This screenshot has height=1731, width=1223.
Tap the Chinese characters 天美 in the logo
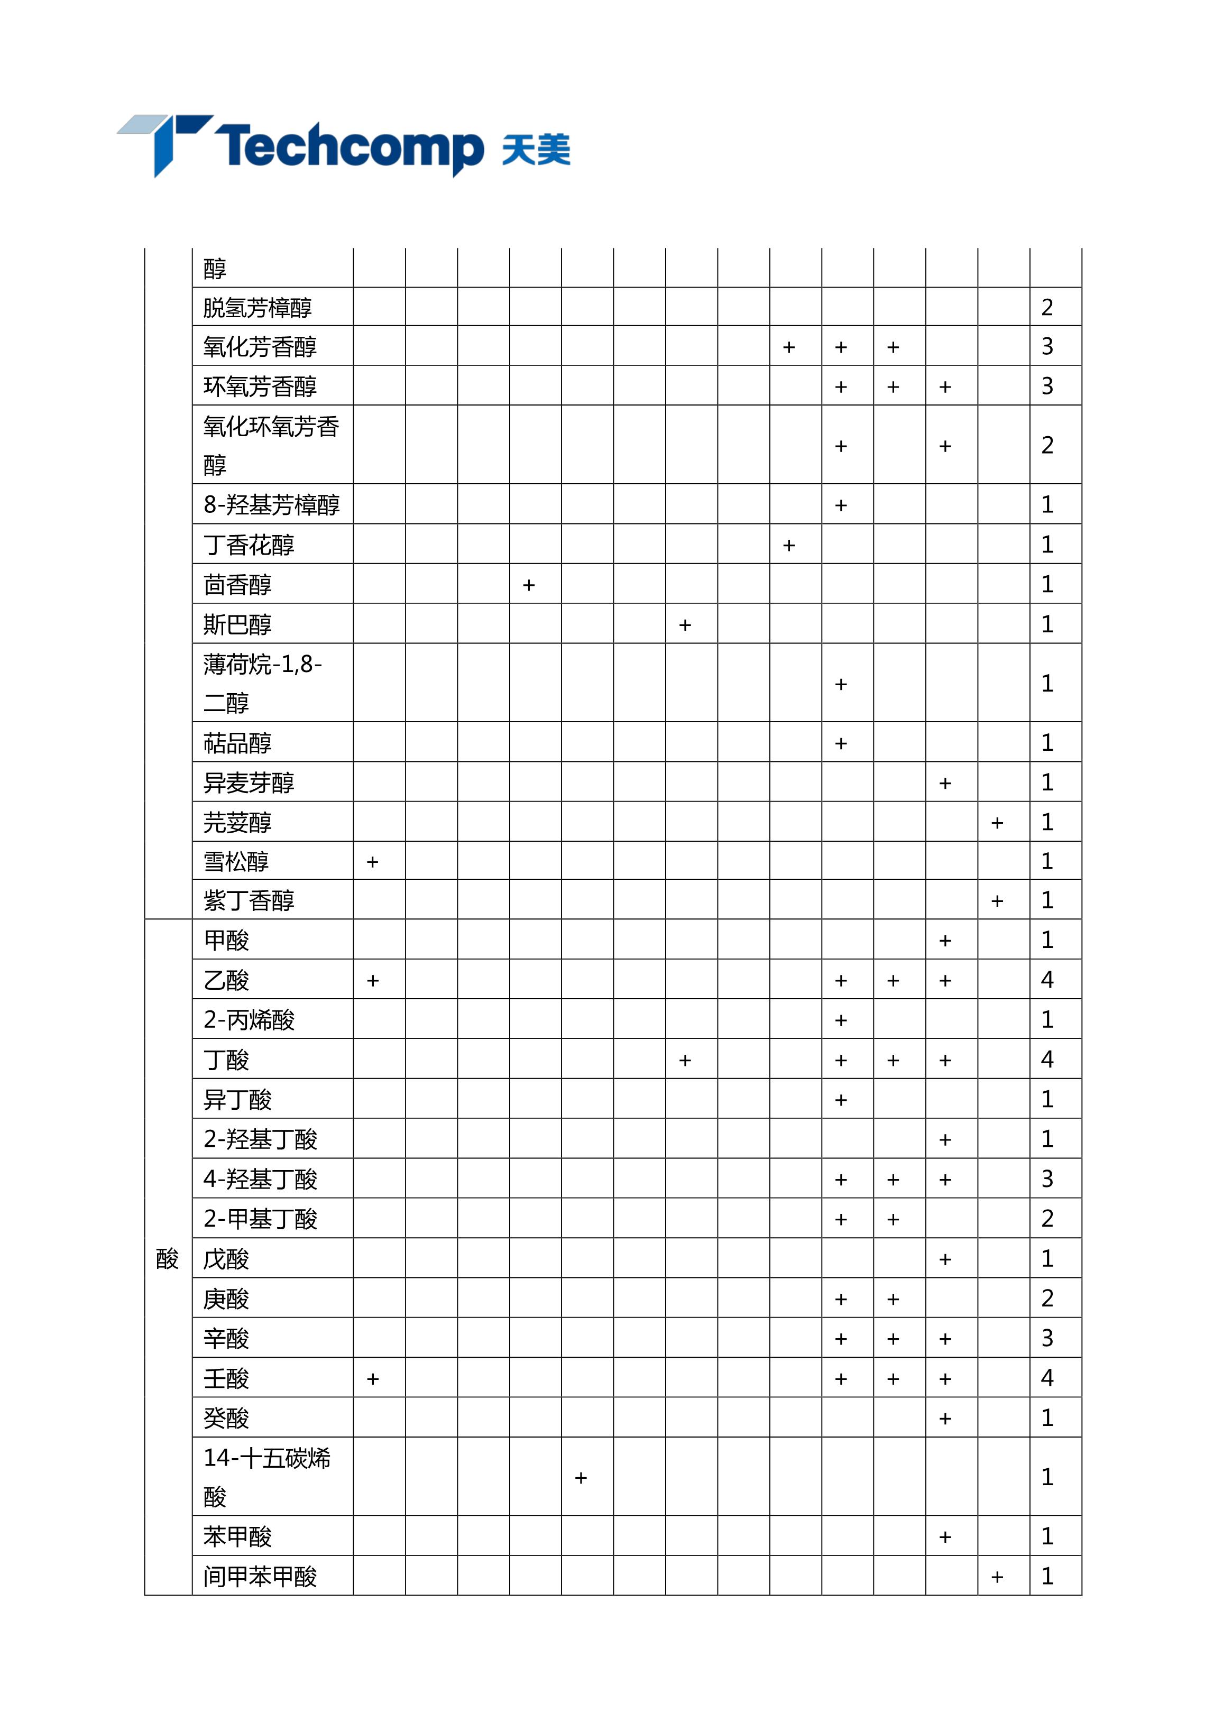tap(536, 149)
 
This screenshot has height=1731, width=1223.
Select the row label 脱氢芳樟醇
tap(257, 308)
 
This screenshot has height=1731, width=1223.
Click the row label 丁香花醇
tap(249, 545)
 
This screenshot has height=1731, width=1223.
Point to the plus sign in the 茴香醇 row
tap(529, 585)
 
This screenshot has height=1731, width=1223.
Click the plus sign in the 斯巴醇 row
tap(685, 625)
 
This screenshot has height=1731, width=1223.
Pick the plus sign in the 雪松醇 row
tap(372, 862)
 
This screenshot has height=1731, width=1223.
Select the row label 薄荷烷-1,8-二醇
tap(262, 683)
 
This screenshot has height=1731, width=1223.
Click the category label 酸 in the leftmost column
tap(168, 1258)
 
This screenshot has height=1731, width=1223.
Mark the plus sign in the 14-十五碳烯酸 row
tap(581, 1478)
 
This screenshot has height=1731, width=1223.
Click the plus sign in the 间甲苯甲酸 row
tap(997, 1577)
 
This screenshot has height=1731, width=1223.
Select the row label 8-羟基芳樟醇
tap(271, 504)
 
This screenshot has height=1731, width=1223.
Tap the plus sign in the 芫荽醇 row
tap(997, 823)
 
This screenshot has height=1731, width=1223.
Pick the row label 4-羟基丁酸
tap(260, 1179)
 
